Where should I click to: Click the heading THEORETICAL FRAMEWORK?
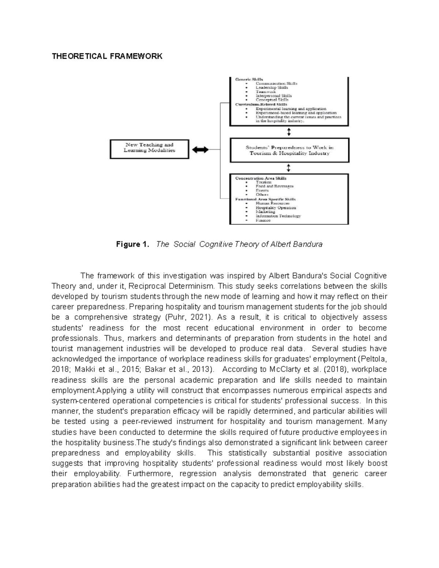(x=107, y=56)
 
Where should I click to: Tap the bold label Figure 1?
(x=132, y=244)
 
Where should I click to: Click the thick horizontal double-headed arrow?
(x=200, y=149)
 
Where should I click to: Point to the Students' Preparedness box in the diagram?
(x=289, y=150)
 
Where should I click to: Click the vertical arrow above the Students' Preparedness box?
(x=289, y=132)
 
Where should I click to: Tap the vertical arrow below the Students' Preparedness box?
(x=289, y=168)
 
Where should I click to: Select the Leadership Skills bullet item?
(x=271, y=88)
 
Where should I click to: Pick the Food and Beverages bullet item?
(x=274, y=186)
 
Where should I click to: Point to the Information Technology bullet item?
(x=278, y=216)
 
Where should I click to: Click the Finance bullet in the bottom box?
(x=263, y=221)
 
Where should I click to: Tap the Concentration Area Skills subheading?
(x=261, y=178)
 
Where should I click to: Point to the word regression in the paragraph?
(x=197, y=474)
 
